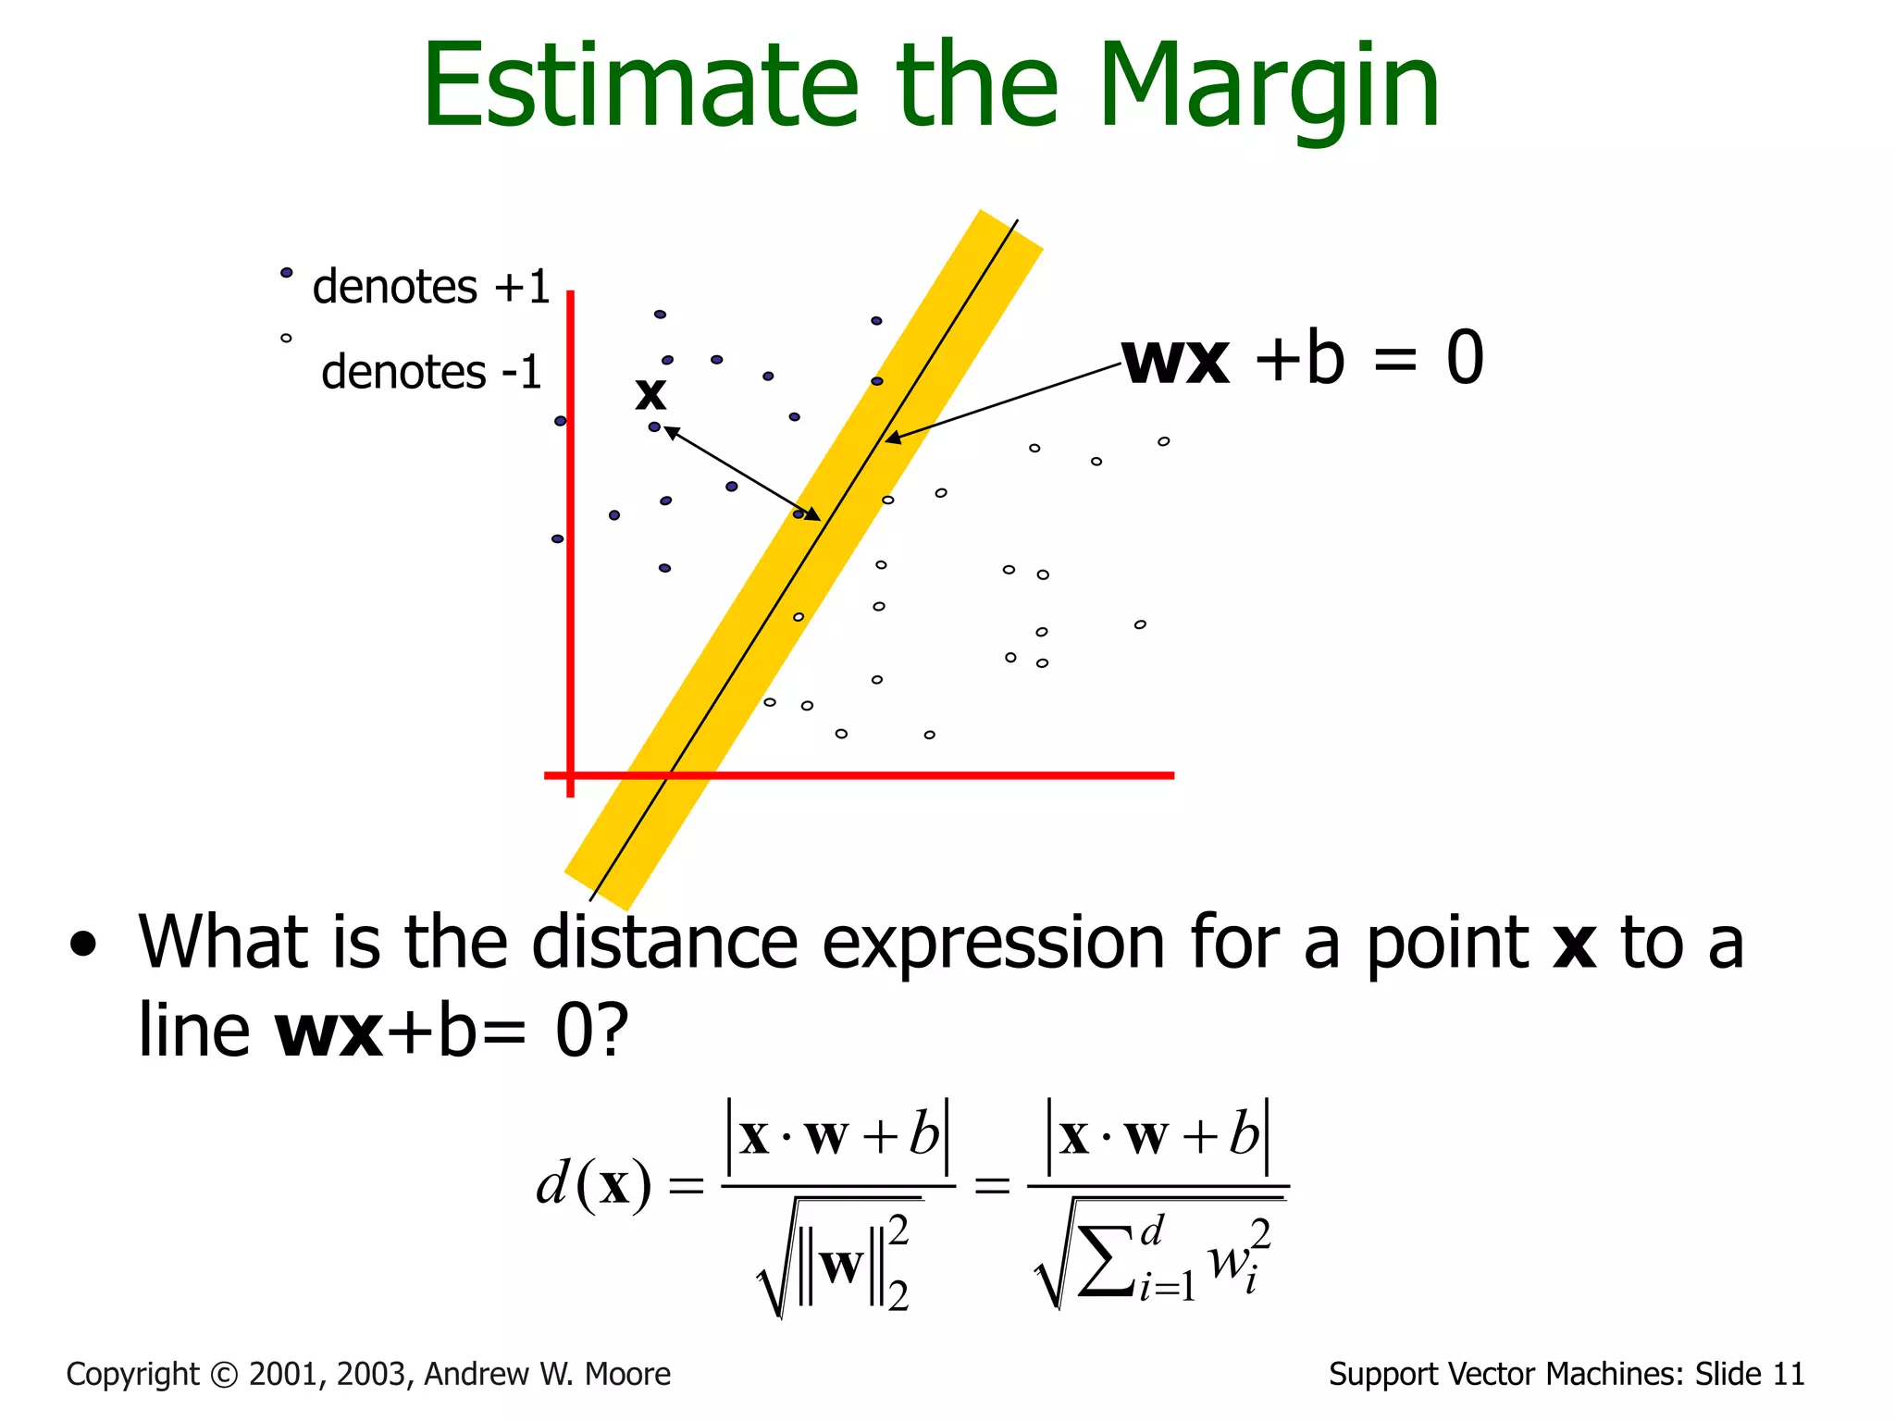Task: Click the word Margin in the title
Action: click(x=1268, y=88)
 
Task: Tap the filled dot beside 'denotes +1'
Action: click(x=287, y=273)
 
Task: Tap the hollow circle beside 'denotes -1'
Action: click(x=286, y=339)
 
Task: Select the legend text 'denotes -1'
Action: click(x=430, y=373)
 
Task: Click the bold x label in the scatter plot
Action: click(x=650, y=394)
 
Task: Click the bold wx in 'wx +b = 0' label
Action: click(x=1175, y=359)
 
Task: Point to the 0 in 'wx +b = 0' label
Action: click(x=1464, y=359)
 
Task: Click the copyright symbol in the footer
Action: click(x=224, y=1375)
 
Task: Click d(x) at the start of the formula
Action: click(x=593, y=1184)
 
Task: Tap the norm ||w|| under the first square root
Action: click(x=841, y=1266)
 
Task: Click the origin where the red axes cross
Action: click(x=570, y=775)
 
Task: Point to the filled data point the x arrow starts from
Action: click(x=654, y=426)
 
